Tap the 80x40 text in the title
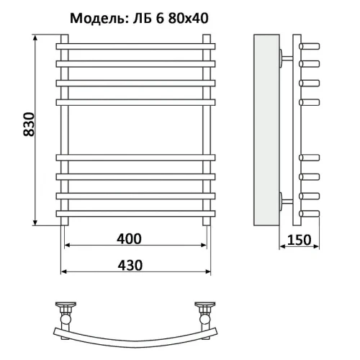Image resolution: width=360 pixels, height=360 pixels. (x=188, y=18)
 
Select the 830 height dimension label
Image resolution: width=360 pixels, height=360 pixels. (x=29, y=125)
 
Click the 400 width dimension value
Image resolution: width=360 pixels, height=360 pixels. (x=129, y=239)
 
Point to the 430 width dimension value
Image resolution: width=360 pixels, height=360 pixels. (x=130, y=265)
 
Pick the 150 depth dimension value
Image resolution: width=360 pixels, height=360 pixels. (x=299, y=240)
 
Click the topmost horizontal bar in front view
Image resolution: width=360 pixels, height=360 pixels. (x=135, y=46)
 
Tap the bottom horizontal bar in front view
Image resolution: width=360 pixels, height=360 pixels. (x=135, y=214)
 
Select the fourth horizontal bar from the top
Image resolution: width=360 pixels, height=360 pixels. (x=135, y=102)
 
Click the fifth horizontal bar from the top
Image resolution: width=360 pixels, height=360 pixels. (x=135, y=158)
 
